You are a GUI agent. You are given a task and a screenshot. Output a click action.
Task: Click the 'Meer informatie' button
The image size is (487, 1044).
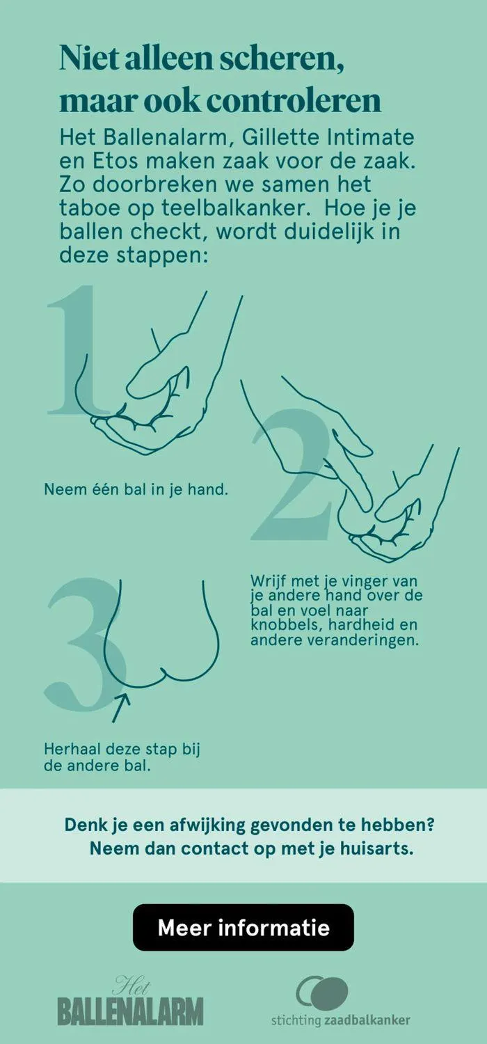[x=243, y=927]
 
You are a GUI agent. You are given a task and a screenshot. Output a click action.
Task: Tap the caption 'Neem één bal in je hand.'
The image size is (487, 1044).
[x=136, y=489]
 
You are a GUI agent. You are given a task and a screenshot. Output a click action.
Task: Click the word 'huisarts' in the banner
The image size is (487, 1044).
[x=375, y=850]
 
